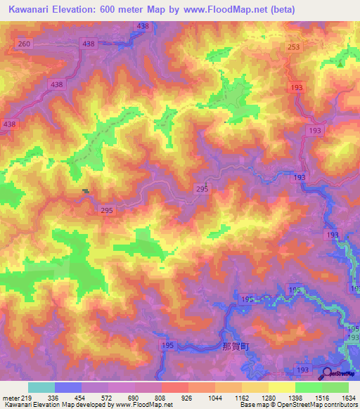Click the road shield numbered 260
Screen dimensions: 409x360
tap(25, 44)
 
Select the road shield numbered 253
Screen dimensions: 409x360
tap(294, 47)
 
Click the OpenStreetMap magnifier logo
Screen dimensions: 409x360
tap(327, 374)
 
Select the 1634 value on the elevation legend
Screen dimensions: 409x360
tap(347, 397)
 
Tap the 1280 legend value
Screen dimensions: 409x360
tap(267, 397)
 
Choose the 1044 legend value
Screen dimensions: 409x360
tap(214, 397)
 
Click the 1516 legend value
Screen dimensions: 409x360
tap(321, 397)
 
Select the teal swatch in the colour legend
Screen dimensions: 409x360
tap(41, 387)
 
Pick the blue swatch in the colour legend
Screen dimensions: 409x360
tap(68, 387)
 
